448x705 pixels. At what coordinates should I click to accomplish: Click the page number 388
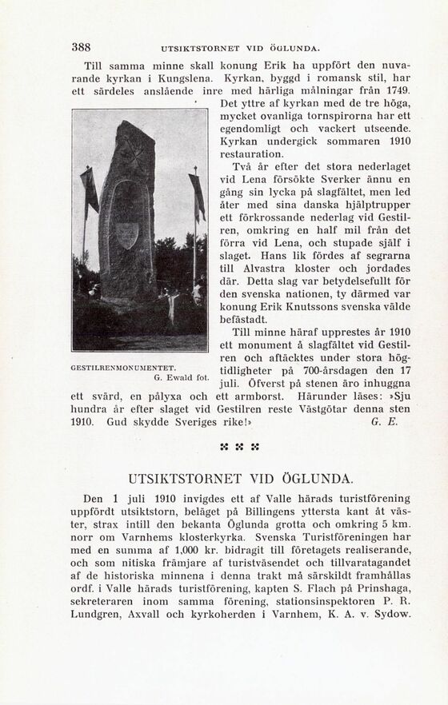[80, 47]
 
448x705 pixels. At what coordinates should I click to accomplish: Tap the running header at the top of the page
[240, 48]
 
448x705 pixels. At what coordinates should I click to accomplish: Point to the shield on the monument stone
[126, 234]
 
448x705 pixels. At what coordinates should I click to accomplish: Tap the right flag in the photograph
[197, 197]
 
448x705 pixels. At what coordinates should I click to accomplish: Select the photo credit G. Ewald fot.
[182, 376]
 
